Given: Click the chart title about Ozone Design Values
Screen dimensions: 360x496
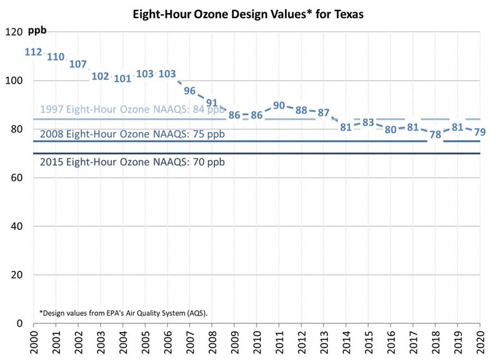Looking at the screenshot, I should pyautogui.click(x=249, y=14).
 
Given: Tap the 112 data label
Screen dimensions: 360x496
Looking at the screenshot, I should pyautogui.click(x=34, y=52).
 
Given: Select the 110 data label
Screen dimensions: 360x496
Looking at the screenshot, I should pyautogui.click(x=56, y=57).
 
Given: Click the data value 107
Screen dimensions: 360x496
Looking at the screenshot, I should pyautogui.click(x=78, y=64).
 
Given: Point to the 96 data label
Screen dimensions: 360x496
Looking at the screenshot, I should pyautogui.click(x=190, y=90).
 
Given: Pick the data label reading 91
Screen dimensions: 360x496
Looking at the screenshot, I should pyautogui.click(x=212, y=103).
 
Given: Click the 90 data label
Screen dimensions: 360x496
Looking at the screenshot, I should pyautogui.click(x=279, y=105).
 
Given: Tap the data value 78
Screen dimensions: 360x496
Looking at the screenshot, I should pyautogui.click(x=435, y=134).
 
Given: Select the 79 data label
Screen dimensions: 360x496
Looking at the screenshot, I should pyautogui.click(x=480, y=132).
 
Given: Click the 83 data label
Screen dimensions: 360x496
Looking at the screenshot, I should pyautogui.click(x=368, y=122).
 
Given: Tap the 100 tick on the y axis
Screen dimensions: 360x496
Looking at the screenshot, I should pyautogui.click(x=13, y=81).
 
